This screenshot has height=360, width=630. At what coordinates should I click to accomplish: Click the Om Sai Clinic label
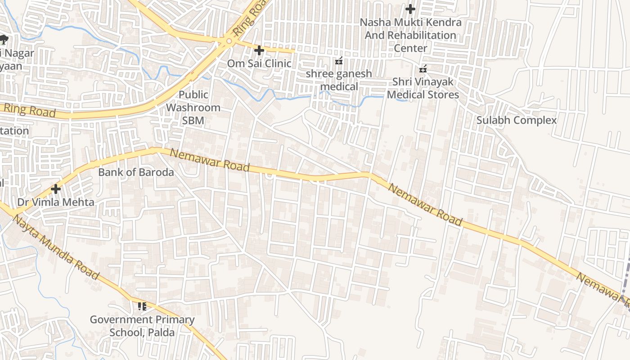click(x=259, y=63)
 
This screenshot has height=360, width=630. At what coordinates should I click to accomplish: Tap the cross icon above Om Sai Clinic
click(x=259, y=50)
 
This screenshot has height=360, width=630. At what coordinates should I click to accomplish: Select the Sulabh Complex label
click(x=516, y=121)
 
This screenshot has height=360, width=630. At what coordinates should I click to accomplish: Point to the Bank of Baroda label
click(x=136, y=172)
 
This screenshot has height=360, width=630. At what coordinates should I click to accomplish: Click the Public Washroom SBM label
click(x=193, y=108)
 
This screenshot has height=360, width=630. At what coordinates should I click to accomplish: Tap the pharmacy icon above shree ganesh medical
click(x=339, y=61)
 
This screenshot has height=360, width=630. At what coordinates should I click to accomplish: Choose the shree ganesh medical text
click(x=339, y=80)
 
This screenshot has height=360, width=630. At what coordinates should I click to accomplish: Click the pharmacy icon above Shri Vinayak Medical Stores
click(x=423, y=69)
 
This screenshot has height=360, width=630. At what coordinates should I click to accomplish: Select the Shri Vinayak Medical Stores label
click(x=423, y=88)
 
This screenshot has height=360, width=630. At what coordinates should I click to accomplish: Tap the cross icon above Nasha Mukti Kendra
click(x=410, y=9)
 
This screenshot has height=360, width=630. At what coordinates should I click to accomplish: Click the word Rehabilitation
click(x=410, y=35)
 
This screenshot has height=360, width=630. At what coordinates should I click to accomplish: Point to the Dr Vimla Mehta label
click(x=56, y=202)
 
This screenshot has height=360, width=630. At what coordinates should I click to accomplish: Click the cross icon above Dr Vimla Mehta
click(x=56, y=189)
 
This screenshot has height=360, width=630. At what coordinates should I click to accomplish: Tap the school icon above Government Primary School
click(x=142, y=307)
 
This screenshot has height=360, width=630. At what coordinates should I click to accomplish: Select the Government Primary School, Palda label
click(x=142, y=326)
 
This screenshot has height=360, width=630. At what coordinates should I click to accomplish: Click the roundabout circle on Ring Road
click(x=229, y=41)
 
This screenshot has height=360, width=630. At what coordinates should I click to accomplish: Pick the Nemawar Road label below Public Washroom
click(x=210, y=160)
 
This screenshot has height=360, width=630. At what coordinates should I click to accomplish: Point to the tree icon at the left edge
click(x=4, y=40)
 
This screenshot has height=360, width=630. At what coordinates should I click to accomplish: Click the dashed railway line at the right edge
click(x=626, y=279)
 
